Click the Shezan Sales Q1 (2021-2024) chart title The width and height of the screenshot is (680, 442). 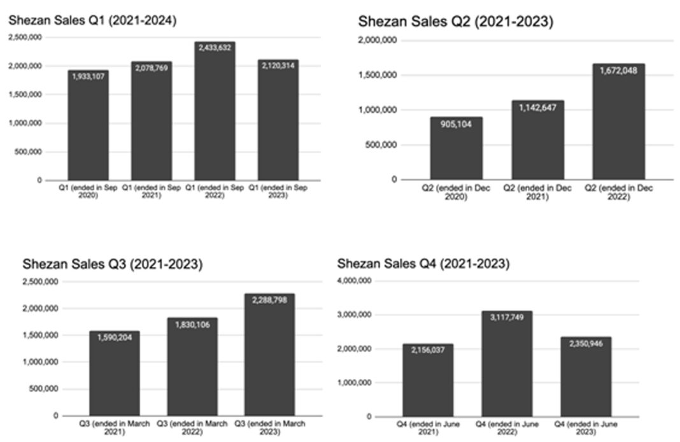click(x=92, y=20)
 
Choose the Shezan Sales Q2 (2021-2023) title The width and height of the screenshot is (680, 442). click(x=455, y=22)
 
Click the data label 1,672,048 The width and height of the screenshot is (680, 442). click(x=618, y=71)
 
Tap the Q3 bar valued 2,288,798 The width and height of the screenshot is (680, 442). click(x=269, y=357)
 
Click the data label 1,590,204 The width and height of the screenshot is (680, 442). click(x=114, y=338)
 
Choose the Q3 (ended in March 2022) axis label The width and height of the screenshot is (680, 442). click(x=192, y=427)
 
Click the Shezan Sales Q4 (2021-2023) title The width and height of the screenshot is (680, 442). click(x=423, y=263)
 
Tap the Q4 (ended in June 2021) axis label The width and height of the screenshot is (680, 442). click(x=428, y=428)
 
